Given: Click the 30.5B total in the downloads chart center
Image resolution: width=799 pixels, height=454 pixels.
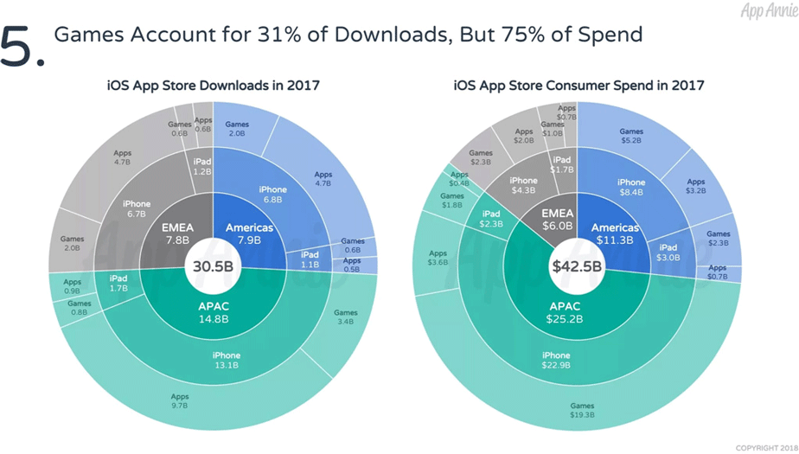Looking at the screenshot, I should coord(213,266).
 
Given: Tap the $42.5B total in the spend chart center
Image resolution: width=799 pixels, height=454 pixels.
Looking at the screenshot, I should coord(577,266).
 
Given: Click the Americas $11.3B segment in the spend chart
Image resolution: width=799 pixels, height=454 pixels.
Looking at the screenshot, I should coord(612,233).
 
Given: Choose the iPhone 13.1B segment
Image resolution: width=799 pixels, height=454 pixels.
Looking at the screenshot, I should coord(227,360).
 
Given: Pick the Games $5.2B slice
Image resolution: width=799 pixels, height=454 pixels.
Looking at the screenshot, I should coord(631,137).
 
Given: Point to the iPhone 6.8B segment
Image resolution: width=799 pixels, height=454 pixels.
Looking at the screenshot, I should coord(272,195).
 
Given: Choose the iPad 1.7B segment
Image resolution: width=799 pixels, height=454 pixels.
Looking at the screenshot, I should coord(118,283).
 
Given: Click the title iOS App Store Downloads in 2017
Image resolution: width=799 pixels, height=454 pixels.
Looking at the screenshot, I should coord(213,85).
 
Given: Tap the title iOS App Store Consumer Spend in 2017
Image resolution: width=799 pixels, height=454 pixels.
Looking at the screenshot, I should coord(578,85).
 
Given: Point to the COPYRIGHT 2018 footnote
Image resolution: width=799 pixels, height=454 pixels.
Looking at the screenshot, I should coord(766,448).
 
